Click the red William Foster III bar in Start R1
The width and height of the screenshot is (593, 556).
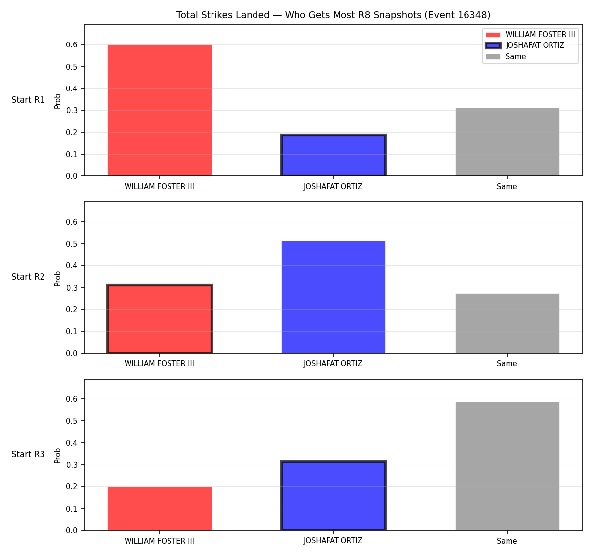pos(160,110)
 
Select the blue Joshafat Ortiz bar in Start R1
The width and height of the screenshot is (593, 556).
pos(333,155)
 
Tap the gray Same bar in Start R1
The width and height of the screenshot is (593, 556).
pos(507,142)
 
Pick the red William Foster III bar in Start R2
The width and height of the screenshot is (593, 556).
pos(160,319)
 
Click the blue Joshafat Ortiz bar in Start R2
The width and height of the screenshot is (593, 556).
pos(333,297)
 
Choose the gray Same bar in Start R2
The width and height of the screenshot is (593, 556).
pos(507,323)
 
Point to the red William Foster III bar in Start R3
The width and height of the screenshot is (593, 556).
pos(160,509)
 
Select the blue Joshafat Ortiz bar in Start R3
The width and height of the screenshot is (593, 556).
pos(333,496)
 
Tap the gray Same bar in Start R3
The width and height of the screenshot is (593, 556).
pos(507,467)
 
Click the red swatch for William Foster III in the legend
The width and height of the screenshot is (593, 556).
pos(493,35)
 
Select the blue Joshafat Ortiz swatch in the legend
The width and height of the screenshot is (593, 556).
pos(493,45)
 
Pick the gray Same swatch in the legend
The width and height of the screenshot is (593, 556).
pos(493,57)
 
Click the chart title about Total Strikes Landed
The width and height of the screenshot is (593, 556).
pos(333,15)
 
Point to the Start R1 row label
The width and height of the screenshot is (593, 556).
pos(28,100)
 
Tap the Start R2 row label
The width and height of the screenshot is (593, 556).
pos(28,277)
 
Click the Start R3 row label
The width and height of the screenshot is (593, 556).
pos(28,454)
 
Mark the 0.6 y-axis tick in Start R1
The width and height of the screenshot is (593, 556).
pos(71,45)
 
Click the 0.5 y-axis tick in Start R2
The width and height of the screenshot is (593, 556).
pos(71,244)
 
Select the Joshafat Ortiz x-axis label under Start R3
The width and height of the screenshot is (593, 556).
pos(333,541)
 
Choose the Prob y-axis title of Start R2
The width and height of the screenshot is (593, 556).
pos(58,279)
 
